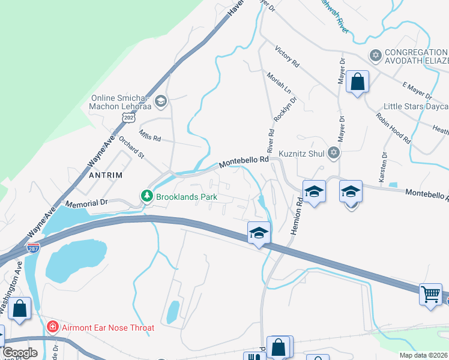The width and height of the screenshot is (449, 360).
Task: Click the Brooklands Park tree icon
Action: (x=146, y=196)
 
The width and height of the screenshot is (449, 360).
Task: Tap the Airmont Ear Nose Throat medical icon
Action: (x=53, y=328)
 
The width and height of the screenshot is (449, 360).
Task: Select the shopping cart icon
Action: (x=430, y=295)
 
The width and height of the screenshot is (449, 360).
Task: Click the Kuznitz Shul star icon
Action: (x=334, y=154)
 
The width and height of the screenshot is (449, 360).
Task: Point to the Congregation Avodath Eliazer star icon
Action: (x=376, y=56)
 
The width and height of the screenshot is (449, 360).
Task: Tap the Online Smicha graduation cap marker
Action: (x=160, y=101)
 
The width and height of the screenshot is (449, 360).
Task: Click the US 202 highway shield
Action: (x=128, y=118)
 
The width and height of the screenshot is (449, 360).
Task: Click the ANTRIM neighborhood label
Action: (x=106, y=175)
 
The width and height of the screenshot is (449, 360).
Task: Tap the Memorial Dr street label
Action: (x=86, y=203)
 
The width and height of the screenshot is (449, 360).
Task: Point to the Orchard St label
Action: (x=131, y=148)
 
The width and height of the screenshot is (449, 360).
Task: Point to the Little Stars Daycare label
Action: (x=415, y=106)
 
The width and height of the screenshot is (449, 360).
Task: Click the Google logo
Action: (x=20, y=353)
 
